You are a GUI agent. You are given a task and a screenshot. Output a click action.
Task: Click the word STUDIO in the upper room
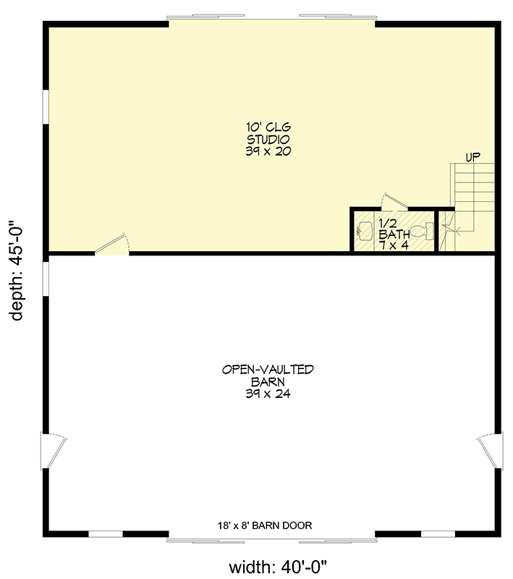tap(268, 139)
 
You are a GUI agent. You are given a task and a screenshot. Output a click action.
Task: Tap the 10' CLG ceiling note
tap(268, 127)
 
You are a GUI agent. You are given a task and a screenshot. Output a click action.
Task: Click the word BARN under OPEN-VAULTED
tap(268, 381)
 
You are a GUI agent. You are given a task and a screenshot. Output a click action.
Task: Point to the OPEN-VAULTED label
tap(268, 369)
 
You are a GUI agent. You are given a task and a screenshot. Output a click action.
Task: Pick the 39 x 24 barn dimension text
tap(268, 394)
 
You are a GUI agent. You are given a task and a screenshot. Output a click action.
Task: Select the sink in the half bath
tap(364, 231)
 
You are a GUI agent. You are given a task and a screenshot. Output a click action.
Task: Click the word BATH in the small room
tap(394, 234)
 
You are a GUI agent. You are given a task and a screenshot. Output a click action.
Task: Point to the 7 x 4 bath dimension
tap(394, 245)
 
